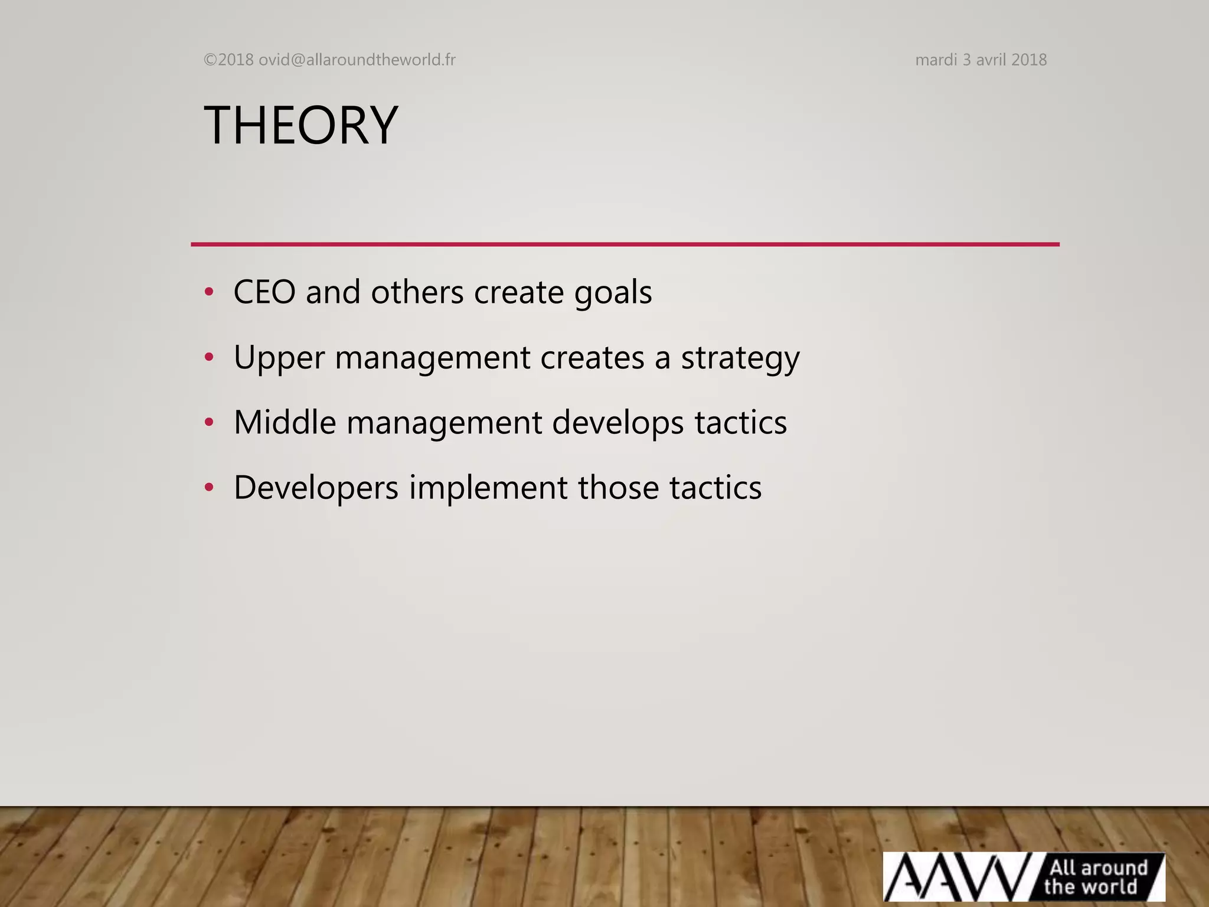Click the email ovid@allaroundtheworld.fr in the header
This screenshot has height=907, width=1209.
[x=357, y=60]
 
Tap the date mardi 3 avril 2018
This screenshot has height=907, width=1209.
[x=981, y=60]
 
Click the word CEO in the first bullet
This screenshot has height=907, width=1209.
[x=264, y=292]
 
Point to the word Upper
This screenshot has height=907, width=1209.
[x=279, y=358]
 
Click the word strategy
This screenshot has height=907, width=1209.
[x=740, y=358]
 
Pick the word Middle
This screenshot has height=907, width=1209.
[x=285, y=422]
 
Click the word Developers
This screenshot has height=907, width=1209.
[x=316, y=488]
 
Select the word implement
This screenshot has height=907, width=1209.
[x=488, y=488]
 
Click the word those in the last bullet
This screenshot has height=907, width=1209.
[x=618, y=488]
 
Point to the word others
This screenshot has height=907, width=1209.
[x=417, y=292]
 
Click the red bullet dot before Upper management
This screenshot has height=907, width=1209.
[x=208, y=357]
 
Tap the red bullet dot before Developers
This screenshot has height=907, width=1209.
[x=208, y=488]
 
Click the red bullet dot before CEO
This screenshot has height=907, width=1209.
[x=208, y=292]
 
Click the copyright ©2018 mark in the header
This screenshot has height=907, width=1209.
[x=228, y=60]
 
